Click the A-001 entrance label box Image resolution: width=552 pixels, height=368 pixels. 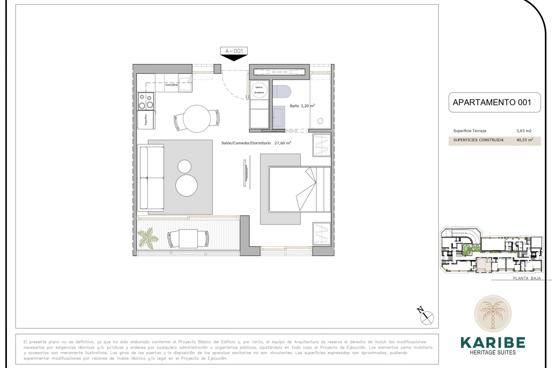pos(234,51)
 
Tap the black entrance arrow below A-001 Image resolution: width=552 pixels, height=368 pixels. pos(234,58)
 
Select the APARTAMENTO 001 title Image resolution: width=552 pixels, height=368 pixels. pos(492,102)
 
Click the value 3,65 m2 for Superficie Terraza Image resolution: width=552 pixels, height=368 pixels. pos(524,131)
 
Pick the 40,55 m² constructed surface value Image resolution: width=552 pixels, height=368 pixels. pos(524,140)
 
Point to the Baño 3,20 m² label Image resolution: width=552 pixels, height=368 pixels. pos(302,106)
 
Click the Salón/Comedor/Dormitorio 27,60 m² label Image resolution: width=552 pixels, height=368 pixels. pos(256,143)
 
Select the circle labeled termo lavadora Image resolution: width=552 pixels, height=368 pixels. pos(259,90)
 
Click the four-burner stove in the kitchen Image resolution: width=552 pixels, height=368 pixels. pos(146,101)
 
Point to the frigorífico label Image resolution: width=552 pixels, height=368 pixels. pos(146,120)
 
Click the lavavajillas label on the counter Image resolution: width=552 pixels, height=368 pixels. pos(171,85)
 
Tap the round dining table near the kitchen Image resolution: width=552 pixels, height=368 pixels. pos(197,118)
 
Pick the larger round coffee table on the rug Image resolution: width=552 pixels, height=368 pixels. pos(186,185)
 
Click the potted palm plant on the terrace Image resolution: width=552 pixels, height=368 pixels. pos(148,237)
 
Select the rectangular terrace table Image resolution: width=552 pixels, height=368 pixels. pos(188,239)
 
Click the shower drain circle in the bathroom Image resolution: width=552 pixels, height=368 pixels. pos(320,121)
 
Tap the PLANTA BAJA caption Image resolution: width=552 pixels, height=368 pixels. pos(527,278)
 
